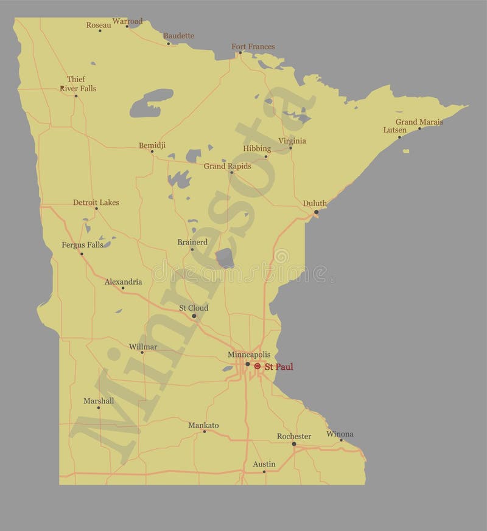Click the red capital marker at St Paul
click(x=258, y=366)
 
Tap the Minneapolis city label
click(x=249, y=355)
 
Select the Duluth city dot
click(x=316, y=212)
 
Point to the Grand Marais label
click(x=419, y=122)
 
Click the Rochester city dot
click(x=294, y=444)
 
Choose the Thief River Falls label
click(x=78, y=84)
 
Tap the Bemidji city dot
click(x=152, y=151)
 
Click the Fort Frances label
click(x=253, y=47)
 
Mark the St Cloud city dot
click(x=194, y=316)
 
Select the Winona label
click(x=340, y=434)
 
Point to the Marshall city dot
click(x=99, y=408)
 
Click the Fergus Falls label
click(x=83, y=245)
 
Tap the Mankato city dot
click(x=205, y=431)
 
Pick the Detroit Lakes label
click(x=96, y=203)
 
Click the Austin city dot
click(x=264, y=471)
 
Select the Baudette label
click(x=178, y=36)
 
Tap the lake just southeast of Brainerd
click(x=225, y=258)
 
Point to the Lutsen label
click(x=395, y=130)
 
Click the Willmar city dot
click(x=142, y=352)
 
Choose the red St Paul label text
click(x=279, y=367)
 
